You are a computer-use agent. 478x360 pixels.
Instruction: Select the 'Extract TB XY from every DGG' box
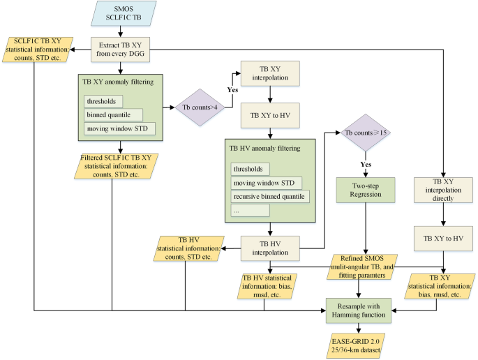click(122, 48)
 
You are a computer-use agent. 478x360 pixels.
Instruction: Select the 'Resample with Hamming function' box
click(359, 308)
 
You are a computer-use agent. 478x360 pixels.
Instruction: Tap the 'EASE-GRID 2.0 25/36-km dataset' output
click(359, 344)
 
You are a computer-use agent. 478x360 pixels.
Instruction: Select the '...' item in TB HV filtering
click(249, 210)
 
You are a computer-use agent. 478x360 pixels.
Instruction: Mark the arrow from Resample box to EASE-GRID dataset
click(359, 327)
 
